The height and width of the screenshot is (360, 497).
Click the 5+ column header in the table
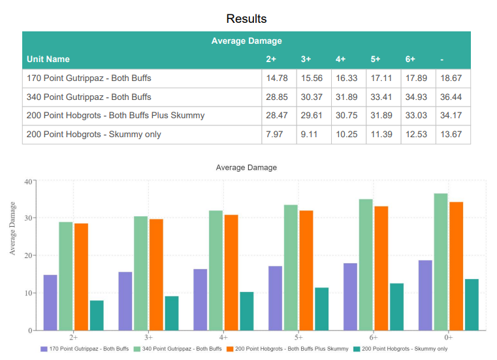376,59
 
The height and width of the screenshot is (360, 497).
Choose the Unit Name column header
48,59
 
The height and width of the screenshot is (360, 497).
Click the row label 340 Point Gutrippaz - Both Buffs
89,97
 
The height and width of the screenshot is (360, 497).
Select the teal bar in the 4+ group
246,311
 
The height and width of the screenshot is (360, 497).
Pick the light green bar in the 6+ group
366,265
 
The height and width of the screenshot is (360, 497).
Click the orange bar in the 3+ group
156,274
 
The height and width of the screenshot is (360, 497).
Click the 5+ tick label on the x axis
298,338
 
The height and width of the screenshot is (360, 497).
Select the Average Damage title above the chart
246,168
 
